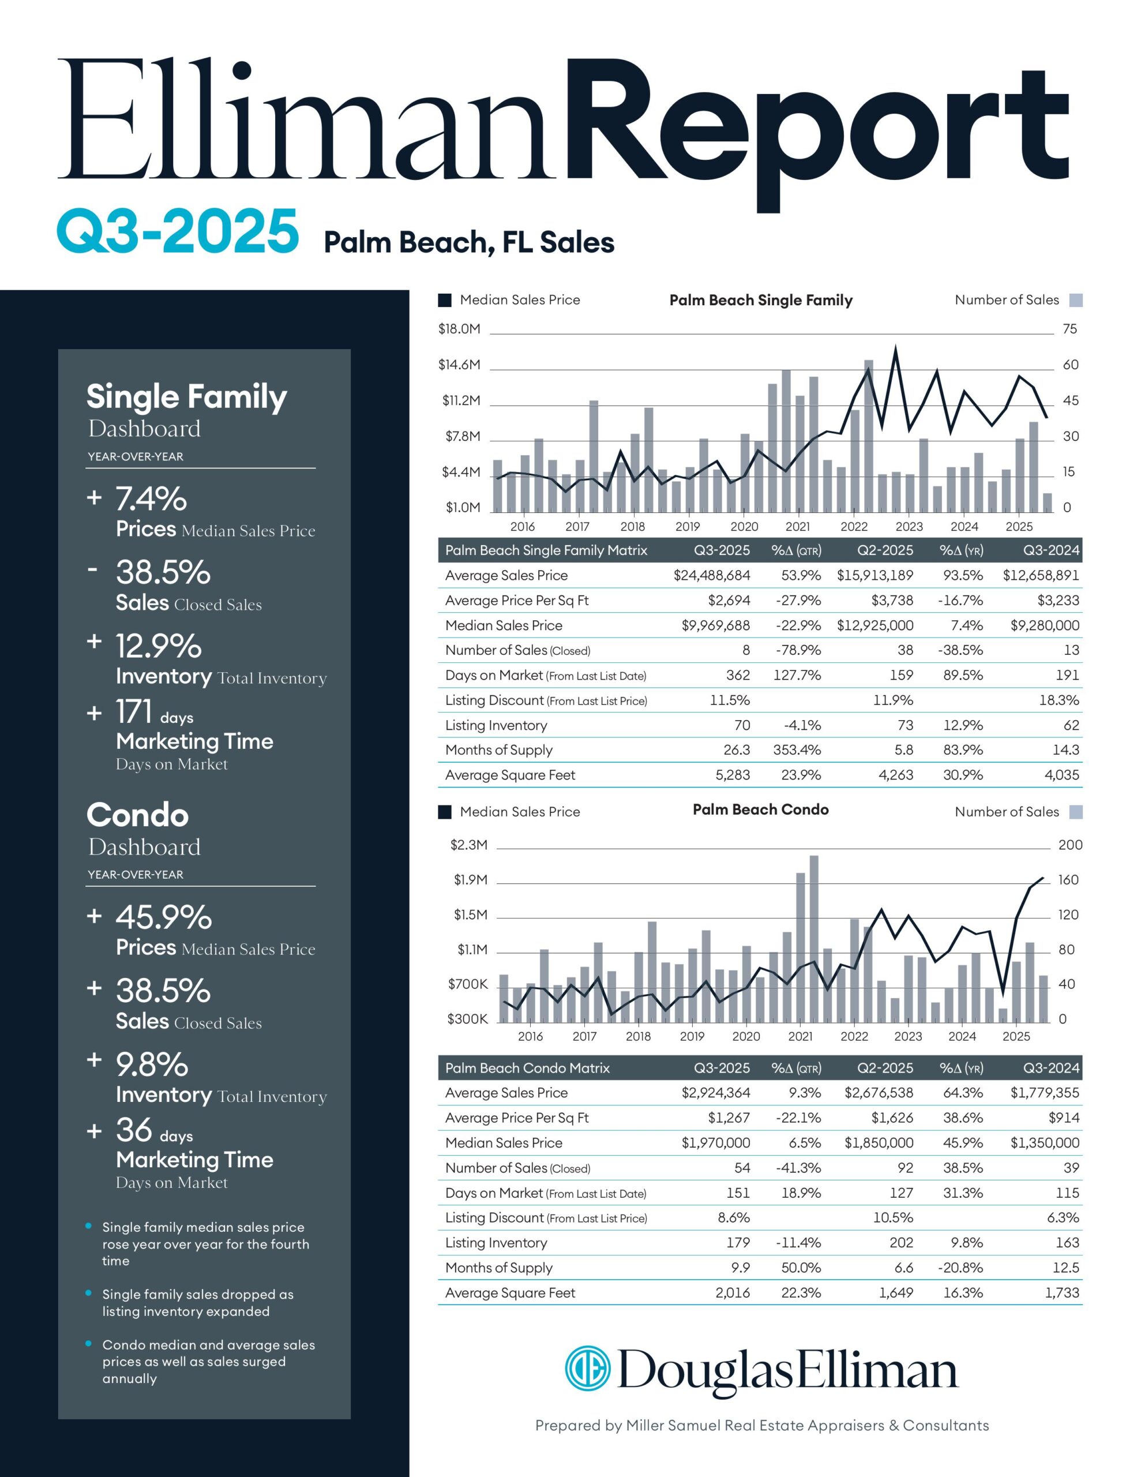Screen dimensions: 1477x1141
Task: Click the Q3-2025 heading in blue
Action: click(x=177, y=232)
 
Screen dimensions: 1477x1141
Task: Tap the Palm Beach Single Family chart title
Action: click(x=760, y=300)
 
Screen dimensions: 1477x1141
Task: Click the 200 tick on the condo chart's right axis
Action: click(x=1070, y=845)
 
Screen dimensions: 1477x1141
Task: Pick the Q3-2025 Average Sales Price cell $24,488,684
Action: click(x=711, y=576)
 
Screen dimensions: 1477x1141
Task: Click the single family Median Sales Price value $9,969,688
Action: click(x=716, y=625)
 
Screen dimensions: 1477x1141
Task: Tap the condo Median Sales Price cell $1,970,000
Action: click(x=716, y=1143)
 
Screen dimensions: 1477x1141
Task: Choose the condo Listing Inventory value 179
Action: click(x=738, y=1242)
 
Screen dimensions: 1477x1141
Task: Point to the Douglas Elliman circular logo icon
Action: click(x=587, y=1369)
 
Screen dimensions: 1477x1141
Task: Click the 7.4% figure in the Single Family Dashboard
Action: click(x=151, y=500)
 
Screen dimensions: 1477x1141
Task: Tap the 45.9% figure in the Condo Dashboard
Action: click(x=163, y=918)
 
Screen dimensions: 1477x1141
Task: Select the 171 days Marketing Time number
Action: click(x=134, y=712)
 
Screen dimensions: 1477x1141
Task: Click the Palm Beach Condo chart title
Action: click(x=760, y=809)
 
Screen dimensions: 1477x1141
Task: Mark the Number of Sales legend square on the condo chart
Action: click(x=1075, y=812)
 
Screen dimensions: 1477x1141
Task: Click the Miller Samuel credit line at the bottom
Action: click(x=761, y=1426)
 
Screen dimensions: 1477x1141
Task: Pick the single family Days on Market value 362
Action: click(x=738, y=675)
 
